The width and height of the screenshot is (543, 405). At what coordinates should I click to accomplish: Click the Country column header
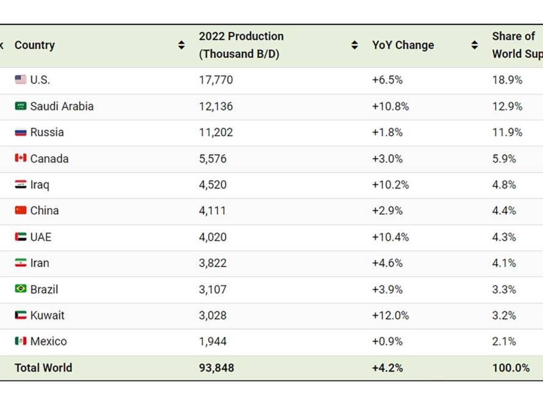tap(35, 45)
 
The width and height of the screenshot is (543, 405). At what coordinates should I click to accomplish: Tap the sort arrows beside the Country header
tap(181, 45)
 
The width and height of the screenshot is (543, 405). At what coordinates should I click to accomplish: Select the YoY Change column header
tap(403, 45)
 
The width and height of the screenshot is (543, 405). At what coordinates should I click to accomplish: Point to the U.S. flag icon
tap(20, 80)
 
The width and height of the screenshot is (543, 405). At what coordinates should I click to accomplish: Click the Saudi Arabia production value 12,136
tap(216, 106)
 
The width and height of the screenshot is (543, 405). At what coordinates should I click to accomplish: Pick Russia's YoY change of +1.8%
tap(387, 132)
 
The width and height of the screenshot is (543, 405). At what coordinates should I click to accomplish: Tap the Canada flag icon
tap(20, 158)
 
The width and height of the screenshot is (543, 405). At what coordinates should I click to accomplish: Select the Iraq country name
tap(40, 185)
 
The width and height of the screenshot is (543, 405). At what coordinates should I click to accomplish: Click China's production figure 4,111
tap(212, 210)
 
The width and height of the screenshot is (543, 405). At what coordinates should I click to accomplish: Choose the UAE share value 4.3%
tap(504, 237)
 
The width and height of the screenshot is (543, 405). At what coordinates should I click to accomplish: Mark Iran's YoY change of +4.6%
tap(387, 263)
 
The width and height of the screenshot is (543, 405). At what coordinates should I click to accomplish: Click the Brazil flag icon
tap(20, 289)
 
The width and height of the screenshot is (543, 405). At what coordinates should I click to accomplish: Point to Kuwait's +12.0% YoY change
tap(390, 315)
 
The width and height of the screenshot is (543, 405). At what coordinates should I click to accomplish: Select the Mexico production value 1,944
tap(213, 342)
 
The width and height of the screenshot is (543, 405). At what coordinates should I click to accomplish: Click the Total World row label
tap(43, 368)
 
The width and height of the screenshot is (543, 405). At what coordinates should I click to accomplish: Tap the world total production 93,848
tap(217, 368)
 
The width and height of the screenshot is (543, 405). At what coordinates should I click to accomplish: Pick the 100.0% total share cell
tap(511, 368)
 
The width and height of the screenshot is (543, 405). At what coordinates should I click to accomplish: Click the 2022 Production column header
tap(242, 45)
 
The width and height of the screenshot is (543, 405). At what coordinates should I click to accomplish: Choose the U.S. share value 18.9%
tap(508, 80)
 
